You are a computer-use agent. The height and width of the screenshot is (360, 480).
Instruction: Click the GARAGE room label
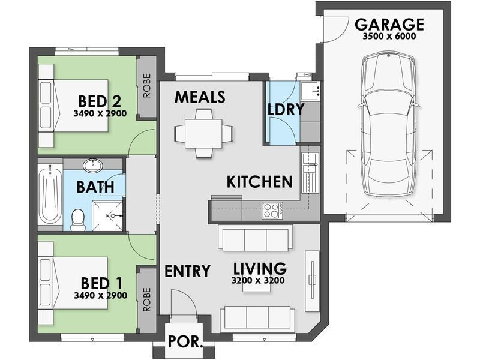point(389,25)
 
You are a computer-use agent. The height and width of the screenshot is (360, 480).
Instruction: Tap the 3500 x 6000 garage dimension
point(389,36)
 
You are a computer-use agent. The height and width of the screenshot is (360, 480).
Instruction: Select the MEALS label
point(200,97)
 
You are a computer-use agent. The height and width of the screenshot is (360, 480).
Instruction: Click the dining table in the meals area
point(203,134)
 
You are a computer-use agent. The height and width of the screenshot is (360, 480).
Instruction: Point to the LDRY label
point(286,109)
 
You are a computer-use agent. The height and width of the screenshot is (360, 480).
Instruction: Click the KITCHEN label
point(260,182)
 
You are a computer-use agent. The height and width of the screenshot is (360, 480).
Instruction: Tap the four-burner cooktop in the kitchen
point(272,211)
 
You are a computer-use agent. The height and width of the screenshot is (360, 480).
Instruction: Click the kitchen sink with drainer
point(310,173)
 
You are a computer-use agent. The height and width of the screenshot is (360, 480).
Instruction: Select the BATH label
point(95,187)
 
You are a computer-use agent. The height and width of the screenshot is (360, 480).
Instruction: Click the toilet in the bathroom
point(77,220)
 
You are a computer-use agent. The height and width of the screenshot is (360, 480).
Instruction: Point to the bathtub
point(50,194)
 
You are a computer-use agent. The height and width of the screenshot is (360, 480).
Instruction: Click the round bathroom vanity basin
point(93,166)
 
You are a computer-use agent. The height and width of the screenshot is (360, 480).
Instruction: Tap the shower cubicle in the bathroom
point(108,216)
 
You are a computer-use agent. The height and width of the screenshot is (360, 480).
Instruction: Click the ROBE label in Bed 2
point(147,85)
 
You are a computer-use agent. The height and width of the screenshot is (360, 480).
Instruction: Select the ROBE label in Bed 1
point(147,299)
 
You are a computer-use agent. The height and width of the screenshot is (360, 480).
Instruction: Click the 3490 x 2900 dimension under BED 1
point(100,295)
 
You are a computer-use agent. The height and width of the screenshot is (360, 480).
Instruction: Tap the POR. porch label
point(185,341)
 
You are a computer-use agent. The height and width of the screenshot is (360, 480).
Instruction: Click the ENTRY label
point(187,271)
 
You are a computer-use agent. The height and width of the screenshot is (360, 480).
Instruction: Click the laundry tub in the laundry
point(310,91)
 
